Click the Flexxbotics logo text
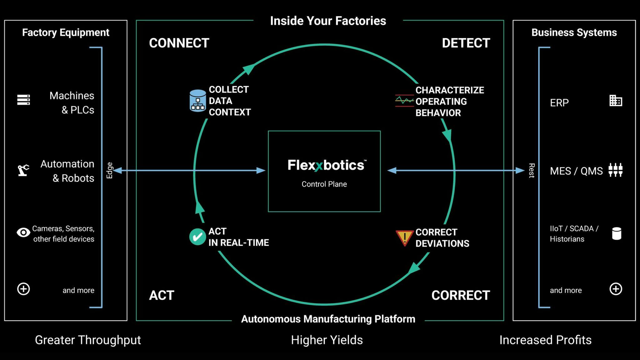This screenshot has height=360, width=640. pyautogui.click(x=327, y=165)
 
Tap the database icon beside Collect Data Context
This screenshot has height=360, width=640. pyautogui.click(x=198, y=101)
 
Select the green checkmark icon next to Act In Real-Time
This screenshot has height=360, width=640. pyautogui.click(x=197, y=237)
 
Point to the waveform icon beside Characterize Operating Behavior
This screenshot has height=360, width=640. pyautogui.click(x=404, y=101)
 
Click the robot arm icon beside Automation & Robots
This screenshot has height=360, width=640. pyautogui.click(x=23, y=170)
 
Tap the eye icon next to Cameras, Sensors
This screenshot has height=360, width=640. pyautogui.click(x=23, y=232)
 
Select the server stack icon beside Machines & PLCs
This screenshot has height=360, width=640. pyautogui.click(x=23, y=100)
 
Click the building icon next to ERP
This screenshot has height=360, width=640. pyautogui.click(x=616, y=101)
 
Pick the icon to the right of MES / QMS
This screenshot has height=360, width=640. pyautogui.click(x=616, y=170)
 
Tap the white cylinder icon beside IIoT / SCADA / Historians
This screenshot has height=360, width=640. pyautogui.click(x=617, y=233)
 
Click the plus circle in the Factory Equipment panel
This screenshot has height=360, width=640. pyautogui.click(x=23, y=289)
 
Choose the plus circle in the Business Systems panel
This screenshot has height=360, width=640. pyautogui.click(x=616, y=289)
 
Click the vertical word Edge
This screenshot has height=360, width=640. pyautogui.click(x=109, y=170)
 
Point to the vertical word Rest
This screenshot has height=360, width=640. pyautogui.click(x=532, y=170)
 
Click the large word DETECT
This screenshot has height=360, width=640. pyautogui.click(x=466, y=43)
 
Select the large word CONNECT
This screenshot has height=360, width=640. pyautogui.click(x=179, y=43)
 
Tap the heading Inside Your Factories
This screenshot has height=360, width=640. pyautogui.click(x=328, y=21)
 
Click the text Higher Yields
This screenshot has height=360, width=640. pyautogui.click(x=327, y=340)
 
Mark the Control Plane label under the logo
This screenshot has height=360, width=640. pyautogui.click(x=324, y=184)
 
